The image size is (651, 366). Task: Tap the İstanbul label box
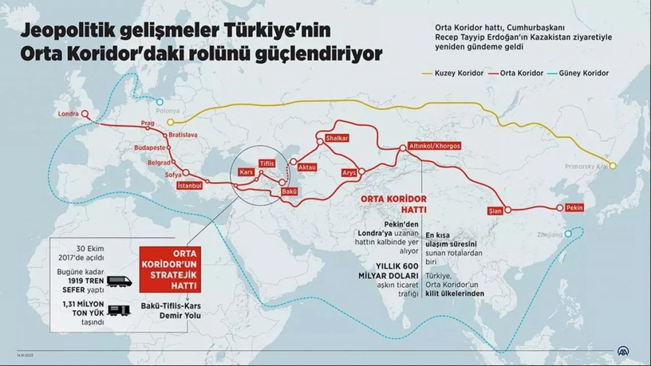point(190,186)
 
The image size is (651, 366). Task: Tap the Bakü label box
point(289,192)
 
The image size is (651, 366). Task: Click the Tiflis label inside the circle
point(267,163)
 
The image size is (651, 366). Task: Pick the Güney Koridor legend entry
point(589,73)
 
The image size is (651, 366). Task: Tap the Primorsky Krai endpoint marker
point(613,166)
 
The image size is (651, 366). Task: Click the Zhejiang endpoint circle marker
point(568,234)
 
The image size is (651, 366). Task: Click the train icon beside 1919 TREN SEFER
point(120,281)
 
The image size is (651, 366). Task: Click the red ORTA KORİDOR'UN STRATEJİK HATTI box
point(170,269)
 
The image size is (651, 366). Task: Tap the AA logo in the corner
point(623,351)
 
